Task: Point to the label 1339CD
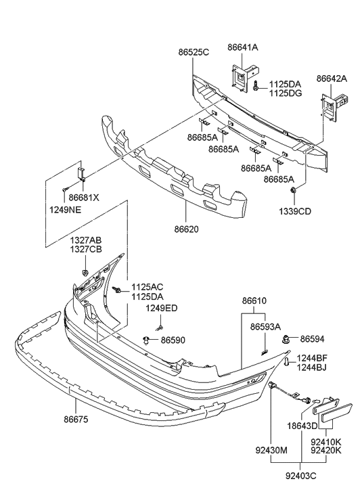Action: [295, 210]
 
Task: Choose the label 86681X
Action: [84, 197]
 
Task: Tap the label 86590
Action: [173, 340]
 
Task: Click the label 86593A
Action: [265, 326]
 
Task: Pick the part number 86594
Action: [313, 338]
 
